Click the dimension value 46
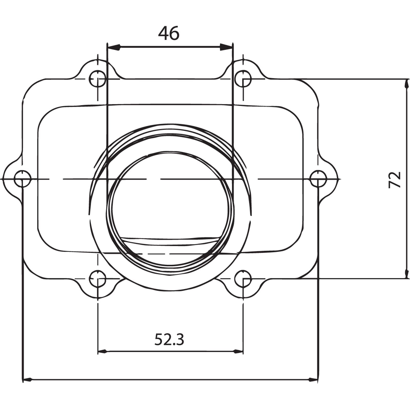point(168,34)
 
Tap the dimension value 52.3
point(169,340)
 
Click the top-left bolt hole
point(98,79)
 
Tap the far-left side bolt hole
point(23,179)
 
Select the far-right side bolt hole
point(318,179)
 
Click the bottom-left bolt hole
point(98,279)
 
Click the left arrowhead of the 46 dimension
point(114,47)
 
